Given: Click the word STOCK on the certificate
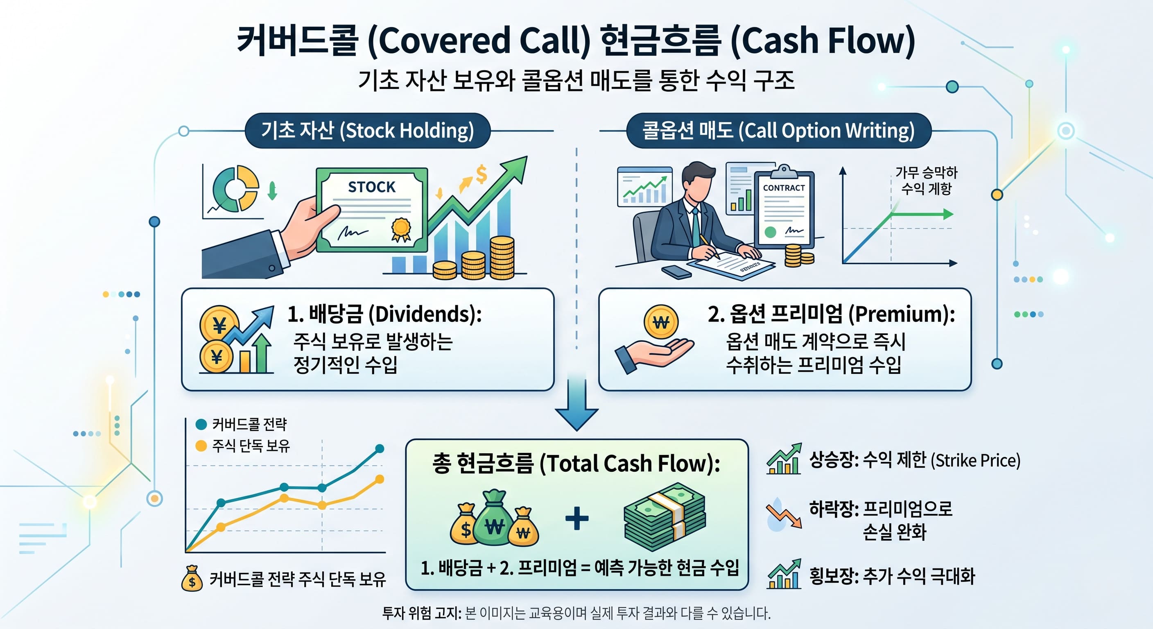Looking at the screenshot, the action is click(x=371, y=187).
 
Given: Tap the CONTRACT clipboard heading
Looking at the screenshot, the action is click(x=784, y=188).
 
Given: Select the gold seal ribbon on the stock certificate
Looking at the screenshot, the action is click(x=400, y=229).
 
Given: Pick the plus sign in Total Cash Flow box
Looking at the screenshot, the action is click(x=577, y=519).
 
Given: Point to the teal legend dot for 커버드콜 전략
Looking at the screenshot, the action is click(x=201, y=424).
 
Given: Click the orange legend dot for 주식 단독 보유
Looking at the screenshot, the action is click(x=201, y=446).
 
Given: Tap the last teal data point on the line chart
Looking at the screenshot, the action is click(x=380, y=448).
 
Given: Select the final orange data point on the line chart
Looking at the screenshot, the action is click(x=380, y=480).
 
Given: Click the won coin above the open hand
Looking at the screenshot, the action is click(x=661, y=322).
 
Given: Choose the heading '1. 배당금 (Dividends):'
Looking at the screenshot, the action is click(x=384, y=314).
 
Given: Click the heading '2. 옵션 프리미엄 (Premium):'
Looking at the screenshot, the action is click(x=831, y=314).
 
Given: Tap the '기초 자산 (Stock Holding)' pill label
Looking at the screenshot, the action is click(x=367, y=131).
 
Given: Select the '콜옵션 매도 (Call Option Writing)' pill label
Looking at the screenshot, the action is click(x=778, y=131).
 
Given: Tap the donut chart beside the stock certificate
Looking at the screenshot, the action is click(x=235, y=188).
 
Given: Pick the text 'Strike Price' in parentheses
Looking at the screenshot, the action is click(x=975, y=461).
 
